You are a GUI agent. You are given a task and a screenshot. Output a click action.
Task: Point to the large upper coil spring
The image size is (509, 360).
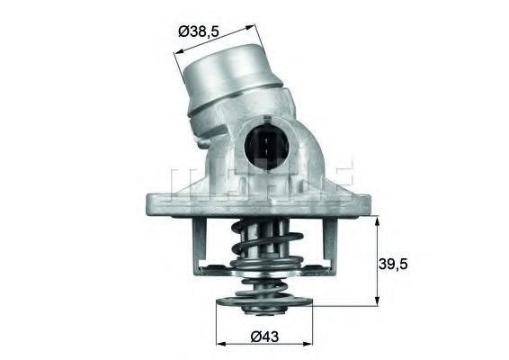tap(268, 242)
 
